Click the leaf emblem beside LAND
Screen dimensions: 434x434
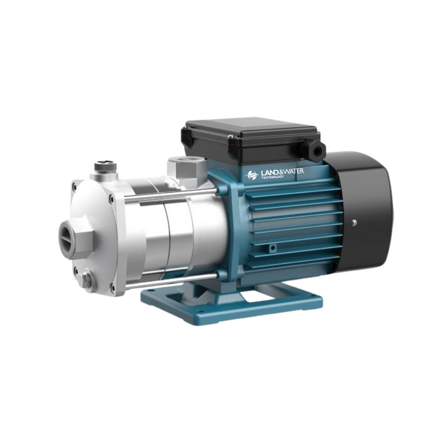(252, 175)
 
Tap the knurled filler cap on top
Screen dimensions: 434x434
(105, 167)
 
